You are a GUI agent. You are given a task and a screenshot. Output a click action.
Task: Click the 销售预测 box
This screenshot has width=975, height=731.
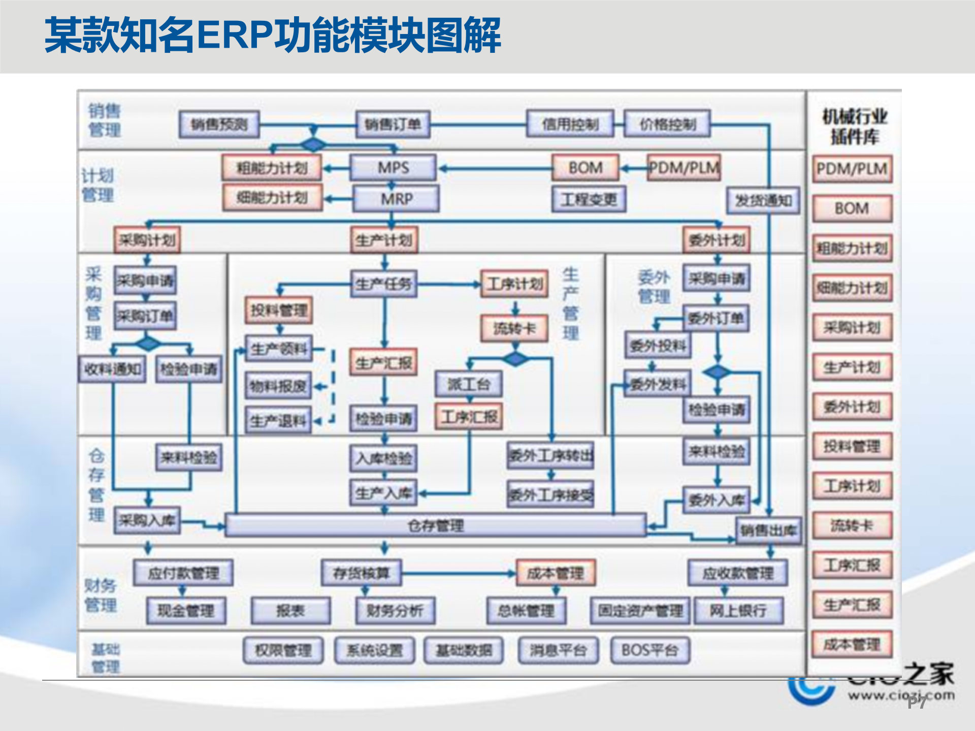point(219,124)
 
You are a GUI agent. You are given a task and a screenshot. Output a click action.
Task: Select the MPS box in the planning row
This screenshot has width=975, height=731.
point(393,168)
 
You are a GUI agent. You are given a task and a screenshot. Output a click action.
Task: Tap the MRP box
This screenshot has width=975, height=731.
point(396,198)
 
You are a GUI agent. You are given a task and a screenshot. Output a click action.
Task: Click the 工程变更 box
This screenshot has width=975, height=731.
point(589,199)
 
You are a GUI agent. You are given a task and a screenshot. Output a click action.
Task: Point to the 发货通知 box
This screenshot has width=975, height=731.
point(763,201)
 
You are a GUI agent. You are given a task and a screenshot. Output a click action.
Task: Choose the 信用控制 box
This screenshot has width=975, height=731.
point(570,124)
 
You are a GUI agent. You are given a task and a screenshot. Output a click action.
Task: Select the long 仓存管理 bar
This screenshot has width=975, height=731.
point(435,525)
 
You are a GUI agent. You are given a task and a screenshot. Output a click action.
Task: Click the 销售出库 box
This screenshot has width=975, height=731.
point(768,531)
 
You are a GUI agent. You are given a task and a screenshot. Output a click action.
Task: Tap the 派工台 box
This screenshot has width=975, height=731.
point(468,384)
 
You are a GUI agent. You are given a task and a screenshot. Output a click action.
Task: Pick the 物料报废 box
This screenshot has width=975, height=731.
point(278,387)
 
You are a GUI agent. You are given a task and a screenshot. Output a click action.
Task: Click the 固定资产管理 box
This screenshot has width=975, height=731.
point(640,611)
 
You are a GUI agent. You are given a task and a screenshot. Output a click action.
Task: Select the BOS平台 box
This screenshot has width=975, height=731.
point(649,650)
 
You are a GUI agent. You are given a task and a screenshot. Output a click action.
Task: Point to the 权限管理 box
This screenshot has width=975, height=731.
point(283,650)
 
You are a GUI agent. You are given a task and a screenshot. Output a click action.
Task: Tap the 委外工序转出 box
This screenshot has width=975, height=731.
point(550,455)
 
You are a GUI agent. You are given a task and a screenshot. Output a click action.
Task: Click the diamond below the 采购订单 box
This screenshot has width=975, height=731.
point(148,344)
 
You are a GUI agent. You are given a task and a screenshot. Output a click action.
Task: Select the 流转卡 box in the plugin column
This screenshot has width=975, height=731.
point(852,525)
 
